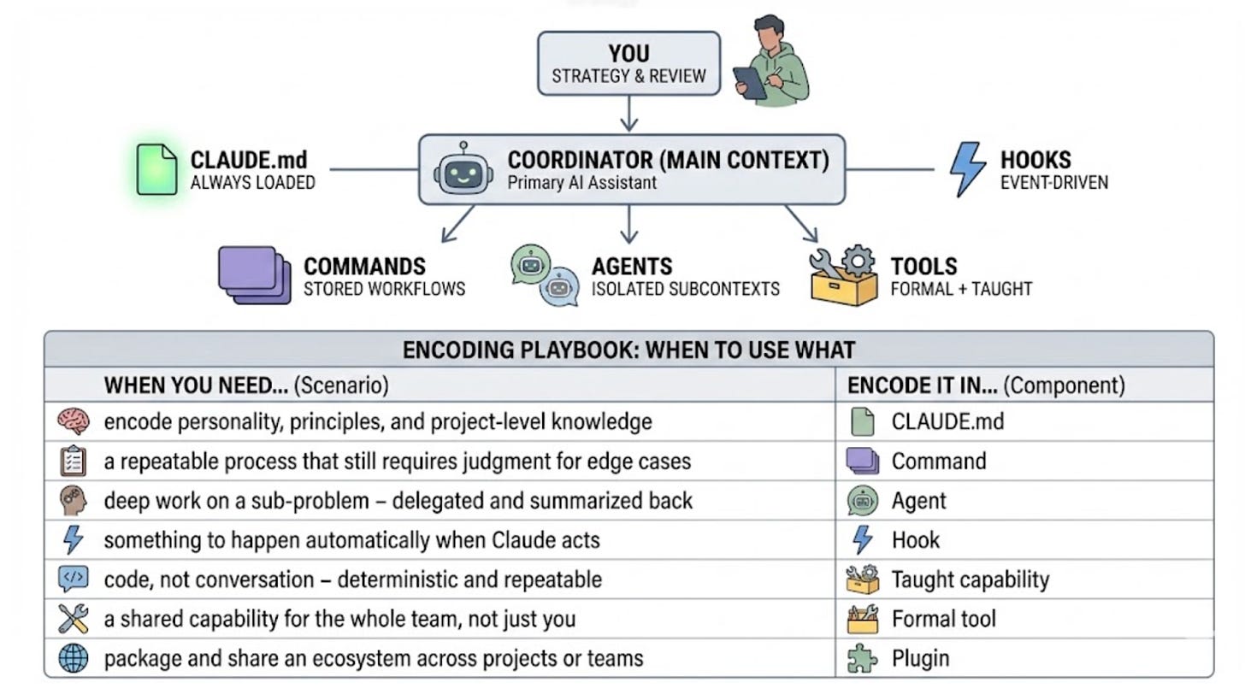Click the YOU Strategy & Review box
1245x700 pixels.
click(x=628, y=63)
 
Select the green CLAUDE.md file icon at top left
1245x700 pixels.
click(x=156, y=169)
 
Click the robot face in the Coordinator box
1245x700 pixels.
click(x=463, y=168)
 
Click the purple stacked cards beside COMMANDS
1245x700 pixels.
click(x=253, y=275)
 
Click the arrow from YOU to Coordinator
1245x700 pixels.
click(x=629, y=114)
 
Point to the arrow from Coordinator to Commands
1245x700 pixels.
click(x=457, y=224)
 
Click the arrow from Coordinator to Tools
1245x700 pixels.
click(x=801, y=224)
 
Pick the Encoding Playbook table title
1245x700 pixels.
click(x=628, y=350)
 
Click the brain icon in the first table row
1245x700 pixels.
click(x=74, y=421)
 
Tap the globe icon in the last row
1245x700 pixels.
click(x=74, y=658)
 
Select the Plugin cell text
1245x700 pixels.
click(x=920, y=658)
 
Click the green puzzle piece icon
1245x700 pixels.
click(x=862, y=659)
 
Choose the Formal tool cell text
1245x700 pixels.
click(x=943, y=619)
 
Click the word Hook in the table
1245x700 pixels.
click(x=915, y=540)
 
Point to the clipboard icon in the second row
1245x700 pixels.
click(x=74, y=462)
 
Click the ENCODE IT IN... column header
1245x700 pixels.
click(x=986, y=385)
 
